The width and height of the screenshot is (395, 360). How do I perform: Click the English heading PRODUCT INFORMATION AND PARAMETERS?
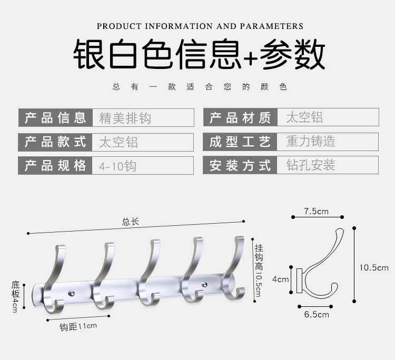200,26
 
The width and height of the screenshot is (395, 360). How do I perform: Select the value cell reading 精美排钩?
125,117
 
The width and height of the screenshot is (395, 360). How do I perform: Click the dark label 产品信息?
55,117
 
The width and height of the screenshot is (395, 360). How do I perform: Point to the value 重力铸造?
311,141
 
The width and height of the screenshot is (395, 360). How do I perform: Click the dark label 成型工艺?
240,141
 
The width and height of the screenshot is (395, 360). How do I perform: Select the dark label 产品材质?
240,117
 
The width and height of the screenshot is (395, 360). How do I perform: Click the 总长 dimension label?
130,222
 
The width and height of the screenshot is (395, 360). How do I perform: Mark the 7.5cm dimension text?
316,212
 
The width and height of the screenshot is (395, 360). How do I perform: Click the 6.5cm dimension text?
316,314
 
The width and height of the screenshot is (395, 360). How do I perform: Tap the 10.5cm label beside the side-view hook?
374,267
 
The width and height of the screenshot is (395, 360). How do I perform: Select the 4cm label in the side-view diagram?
280,279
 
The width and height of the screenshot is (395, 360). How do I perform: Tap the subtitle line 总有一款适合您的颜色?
200,87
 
